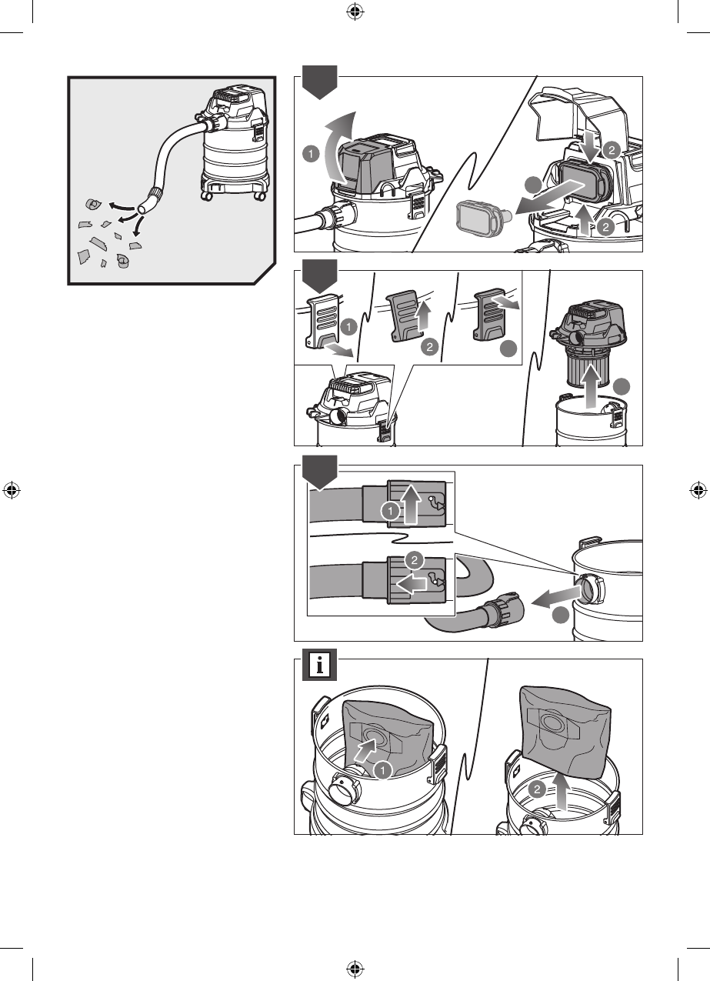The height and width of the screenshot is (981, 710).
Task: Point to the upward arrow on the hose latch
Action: [413, 505]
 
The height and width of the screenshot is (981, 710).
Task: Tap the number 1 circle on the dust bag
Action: [383, 769]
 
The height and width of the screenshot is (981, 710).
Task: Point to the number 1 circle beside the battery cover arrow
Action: [309, 154]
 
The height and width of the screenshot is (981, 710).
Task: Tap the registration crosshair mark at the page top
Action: [355, 12]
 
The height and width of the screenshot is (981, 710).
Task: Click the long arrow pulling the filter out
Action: [548, 196]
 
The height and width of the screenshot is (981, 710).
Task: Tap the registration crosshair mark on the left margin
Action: [12, 490]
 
